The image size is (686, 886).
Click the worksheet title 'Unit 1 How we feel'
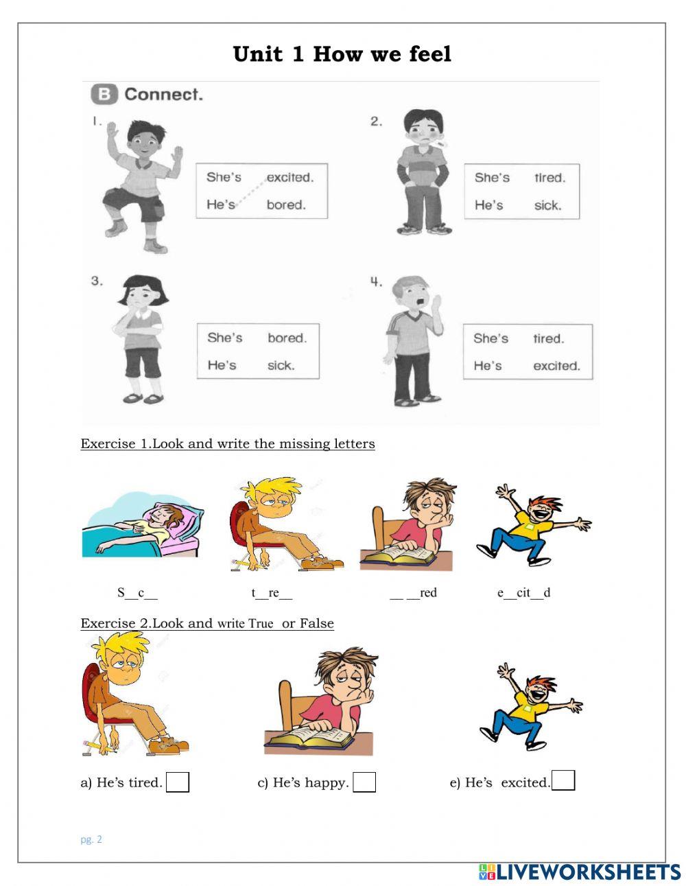click(x=342, y=54)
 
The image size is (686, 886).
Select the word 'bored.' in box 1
click(x=286, y=205)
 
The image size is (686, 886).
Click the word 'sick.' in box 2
click(x=547, y=205)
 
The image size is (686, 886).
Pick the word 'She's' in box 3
click(x=225, y=338)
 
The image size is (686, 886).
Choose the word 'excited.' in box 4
click(x=556, y=366)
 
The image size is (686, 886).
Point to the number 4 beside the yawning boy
click(x=376, y=282)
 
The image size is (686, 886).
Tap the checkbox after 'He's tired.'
click(x=178, y=782)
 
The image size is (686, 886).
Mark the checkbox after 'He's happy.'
click(x=364, y=782)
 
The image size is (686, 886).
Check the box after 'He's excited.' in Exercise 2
click(x=563, y=781)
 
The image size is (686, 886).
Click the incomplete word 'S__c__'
click(x=137, y=593)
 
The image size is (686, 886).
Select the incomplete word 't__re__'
click(x=272, y=593)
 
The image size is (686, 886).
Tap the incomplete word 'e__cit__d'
click(x=523, y=593)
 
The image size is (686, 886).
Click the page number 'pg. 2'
click(x=91, y=839)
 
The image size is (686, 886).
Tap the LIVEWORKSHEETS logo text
click(x=589, y=872)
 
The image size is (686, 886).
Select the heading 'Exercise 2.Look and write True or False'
click(x=207, y=623)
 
